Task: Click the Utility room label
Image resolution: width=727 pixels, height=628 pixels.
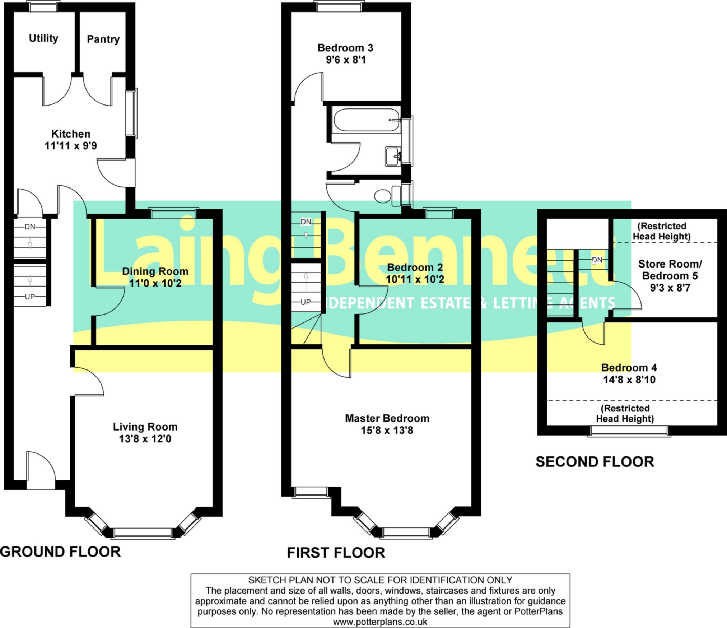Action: pos(43,38)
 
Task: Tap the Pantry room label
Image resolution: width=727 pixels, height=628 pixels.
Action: pos(103,39)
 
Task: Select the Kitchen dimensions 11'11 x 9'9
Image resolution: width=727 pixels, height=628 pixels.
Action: pos(71,146)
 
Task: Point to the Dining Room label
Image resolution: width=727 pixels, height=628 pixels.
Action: pos(155,271)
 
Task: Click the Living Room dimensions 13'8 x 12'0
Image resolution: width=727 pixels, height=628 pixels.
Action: pos(145,439)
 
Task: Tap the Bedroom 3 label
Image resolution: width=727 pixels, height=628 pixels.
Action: pos(345,48)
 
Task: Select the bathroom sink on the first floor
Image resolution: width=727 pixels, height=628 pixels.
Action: pos(393,157)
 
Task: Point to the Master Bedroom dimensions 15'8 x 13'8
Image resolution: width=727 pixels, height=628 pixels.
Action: pos(387,430)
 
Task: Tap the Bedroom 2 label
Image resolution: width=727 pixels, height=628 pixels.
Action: pos(415,268)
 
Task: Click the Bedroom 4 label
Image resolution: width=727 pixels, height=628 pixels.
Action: pos(629,368)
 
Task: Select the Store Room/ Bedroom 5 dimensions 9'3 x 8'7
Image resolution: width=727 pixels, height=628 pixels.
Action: pos(670,288)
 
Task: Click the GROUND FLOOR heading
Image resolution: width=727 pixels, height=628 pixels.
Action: pos(60,552)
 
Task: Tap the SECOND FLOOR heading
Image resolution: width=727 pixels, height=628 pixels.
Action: pos(595,462)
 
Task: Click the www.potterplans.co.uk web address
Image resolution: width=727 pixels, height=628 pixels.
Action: pos(380,622)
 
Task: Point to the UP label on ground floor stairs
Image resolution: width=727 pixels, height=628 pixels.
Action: pos(30,297)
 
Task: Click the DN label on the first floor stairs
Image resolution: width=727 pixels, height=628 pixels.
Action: pos(306,222)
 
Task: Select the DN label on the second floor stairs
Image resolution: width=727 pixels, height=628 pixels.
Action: pos(597,260)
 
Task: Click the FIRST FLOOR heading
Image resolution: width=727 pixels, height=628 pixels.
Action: pos(336,553)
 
